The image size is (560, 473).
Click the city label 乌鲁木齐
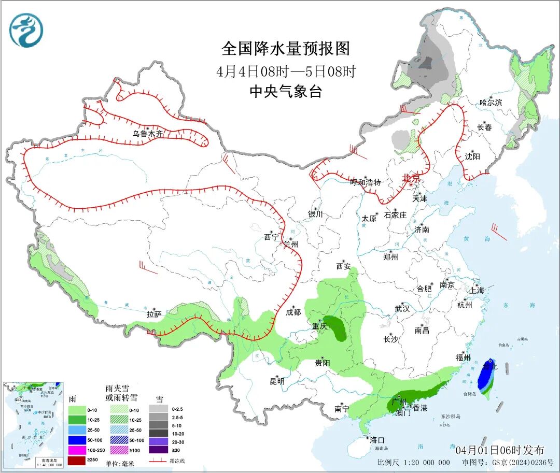click(x=147, y=134)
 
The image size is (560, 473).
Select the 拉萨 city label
click(x=154, y=314)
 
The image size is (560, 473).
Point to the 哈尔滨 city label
click(x=491, y=103)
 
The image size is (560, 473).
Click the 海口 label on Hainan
click(x=377, y=439)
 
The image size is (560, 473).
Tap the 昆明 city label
click(x=277, y=381)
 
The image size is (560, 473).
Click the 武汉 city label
click(x=402, y=308)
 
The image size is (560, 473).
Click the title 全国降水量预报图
click(x=286, y=49)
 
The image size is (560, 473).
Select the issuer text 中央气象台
click(x=286, y=92)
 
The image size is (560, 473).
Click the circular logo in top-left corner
click(x=26, y=30)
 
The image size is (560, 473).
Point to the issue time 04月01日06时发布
click(x=500, y=450)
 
